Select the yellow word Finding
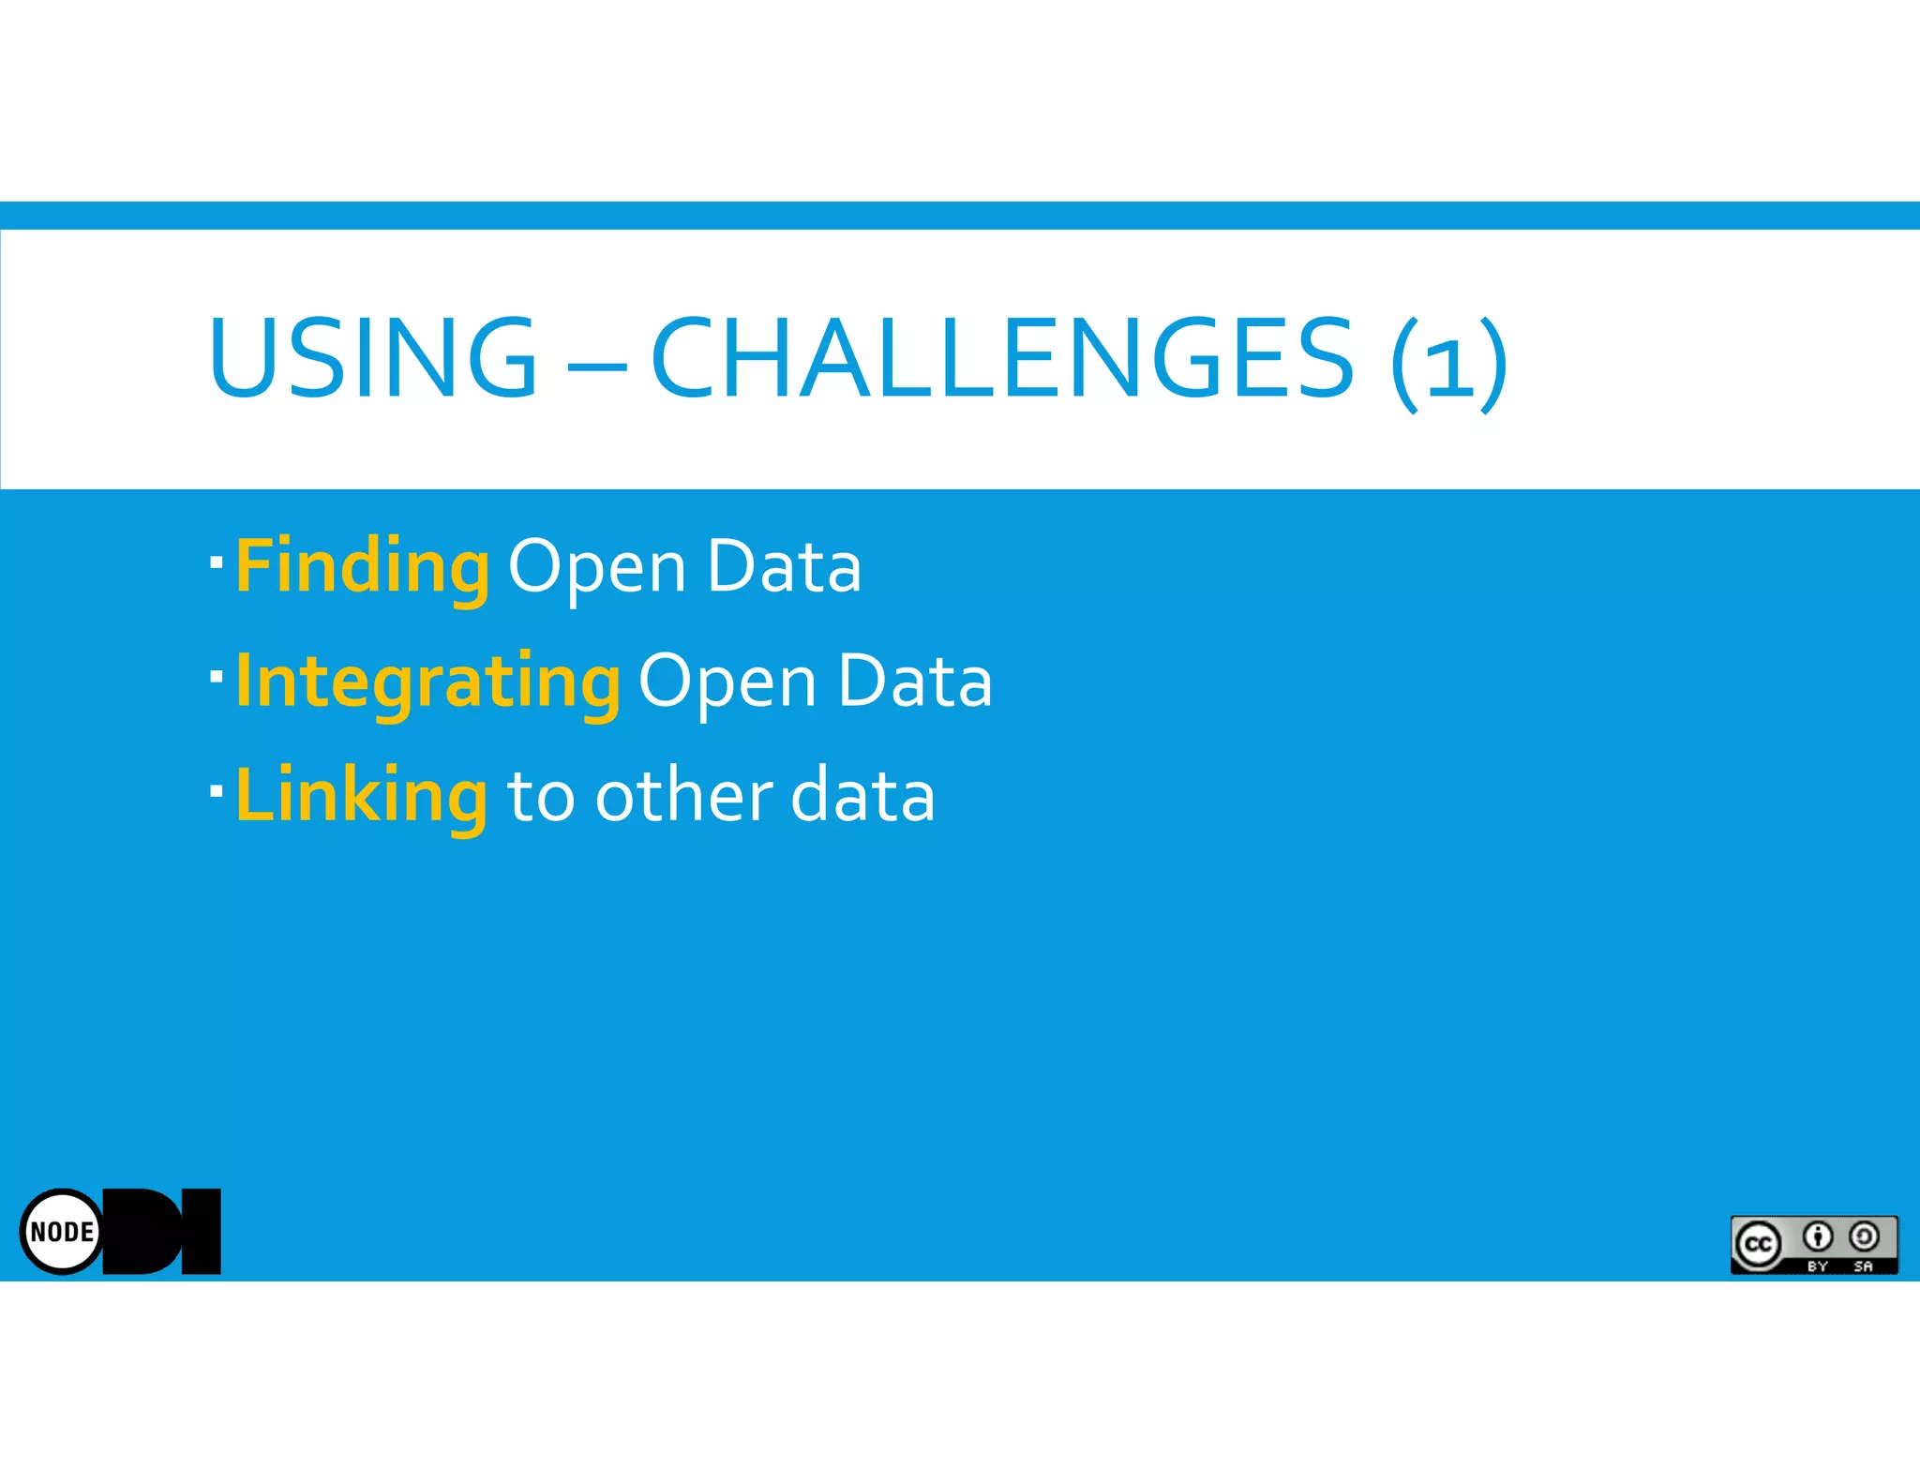click(x=362, y=567)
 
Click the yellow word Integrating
click(x=427, y=682)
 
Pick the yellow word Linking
click(x=361, y=796)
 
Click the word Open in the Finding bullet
click(x=597, y=570)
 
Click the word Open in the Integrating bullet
click(x=727, y=684)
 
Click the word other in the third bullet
click(x=684, y=796)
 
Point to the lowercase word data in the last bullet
click(x=862, y=796)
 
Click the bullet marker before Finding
click(x=217, y=562)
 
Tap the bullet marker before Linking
click(x=217, y=790)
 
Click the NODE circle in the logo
click(x=62, y=1231)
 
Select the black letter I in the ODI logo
click(x=201, y=1231)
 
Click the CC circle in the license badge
click(x=1758, y=1244)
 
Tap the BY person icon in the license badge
click(x=1818, y=1237)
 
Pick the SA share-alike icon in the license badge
click(x=1864, y=1237)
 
